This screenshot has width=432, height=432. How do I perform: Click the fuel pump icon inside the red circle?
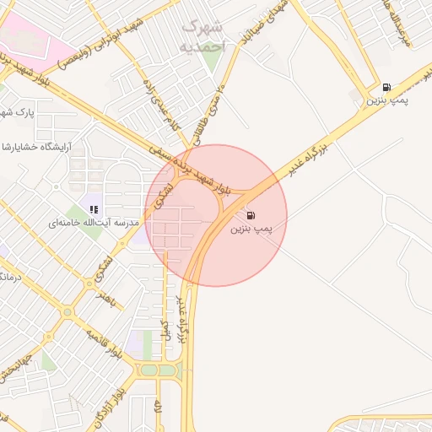[250, 215]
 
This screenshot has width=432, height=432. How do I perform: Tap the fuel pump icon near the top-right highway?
[386, 87]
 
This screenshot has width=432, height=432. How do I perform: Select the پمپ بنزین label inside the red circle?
[251, 229]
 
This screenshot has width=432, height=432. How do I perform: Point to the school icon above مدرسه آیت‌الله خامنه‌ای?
[94, 209]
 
